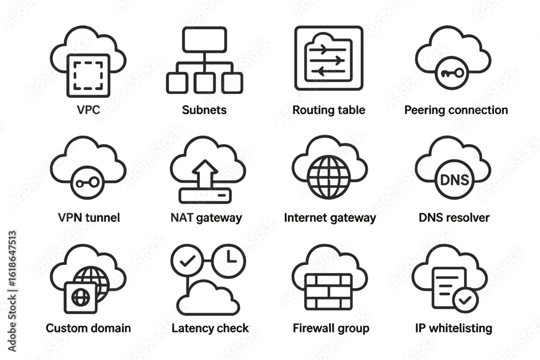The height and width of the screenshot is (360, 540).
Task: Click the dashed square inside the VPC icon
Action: coord(88,76)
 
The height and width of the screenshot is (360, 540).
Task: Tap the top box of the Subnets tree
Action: coord(205,39)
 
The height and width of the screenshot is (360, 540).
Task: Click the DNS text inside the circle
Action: coord(455,180)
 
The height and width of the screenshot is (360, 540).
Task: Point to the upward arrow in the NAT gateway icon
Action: coord(205,174)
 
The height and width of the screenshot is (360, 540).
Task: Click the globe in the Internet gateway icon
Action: coord(328,177)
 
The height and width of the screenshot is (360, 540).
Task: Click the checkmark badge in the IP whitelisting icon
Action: coord(465,300)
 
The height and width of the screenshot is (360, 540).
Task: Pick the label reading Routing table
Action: coord(328,110)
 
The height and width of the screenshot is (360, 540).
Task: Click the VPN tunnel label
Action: coord(89,218)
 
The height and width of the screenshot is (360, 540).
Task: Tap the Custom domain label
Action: coord(88,328)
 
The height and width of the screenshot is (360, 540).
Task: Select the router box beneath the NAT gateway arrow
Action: coord(205,195)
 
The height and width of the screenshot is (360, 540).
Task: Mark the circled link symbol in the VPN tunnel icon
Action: coord(87,183)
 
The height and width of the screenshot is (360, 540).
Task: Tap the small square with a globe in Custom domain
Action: coord(80,297)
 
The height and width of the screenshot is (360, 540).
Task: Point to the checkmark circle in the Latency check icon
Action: coord(188,261)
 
